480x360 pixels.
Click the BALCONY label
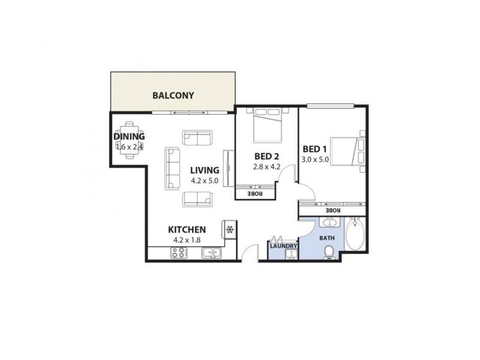pos(173,95)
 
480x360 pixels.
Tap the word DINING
pos(129,136)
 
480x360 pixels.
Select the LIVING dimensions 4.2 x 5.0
pos(205,180)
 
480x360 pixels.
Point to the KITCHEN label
pos(187,229)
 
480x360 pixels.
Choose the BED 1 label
pos(316,149)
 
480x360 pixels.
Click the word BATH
pos(327,238)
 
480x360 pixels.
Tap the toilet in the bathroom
pos(328,255)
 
